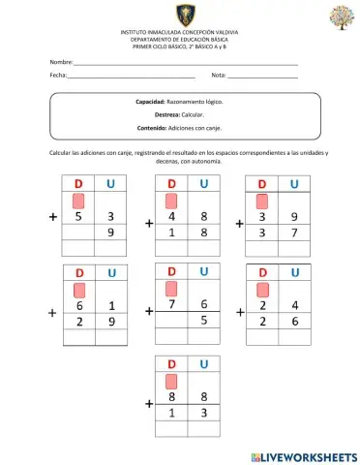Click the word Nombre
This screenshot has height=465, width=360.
point(61,61)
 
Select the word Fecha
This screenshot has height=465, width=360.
point(58,75)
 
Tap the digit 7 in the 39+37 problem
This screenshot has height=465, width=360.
point(294,233)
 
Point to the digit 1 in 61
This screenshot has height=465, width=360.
point(111,306)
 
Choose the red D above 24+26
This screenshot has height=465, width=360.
point(261,272)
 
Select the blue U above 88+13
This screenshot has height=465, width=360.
point(203,363)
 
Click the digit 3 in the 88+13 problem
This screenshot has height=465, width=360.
point(203,413)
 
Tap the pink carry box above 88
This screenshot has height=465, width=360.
point(171,381)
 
